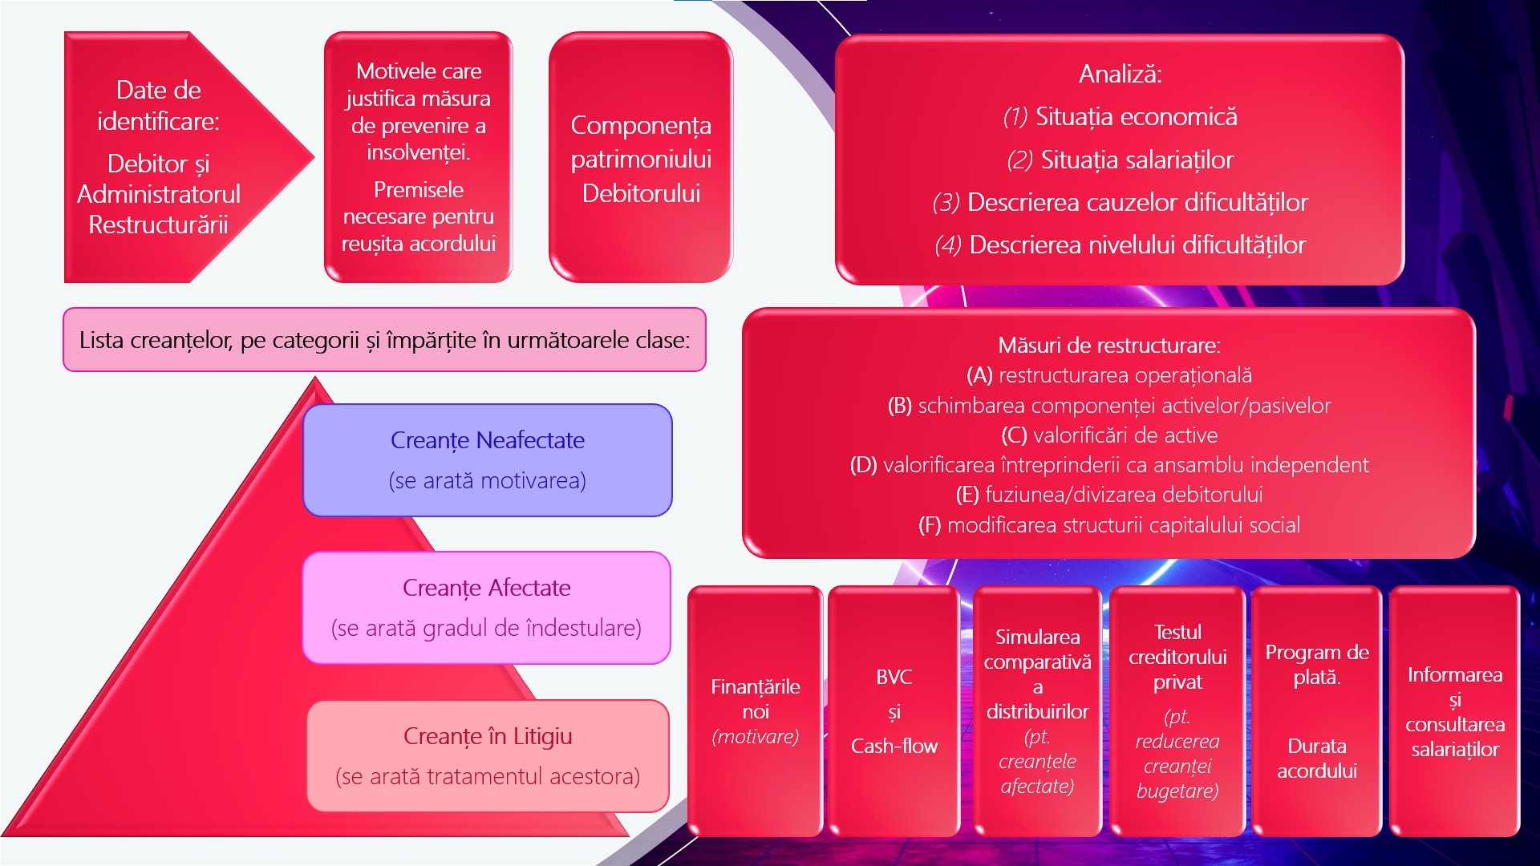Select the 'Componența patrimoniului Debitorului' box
tap(641, 158)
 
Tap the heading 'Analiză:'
tap(1120, 74)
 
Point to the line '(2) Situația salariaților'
tap(1120, 160)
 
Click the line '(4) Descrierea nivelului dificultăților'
tap(1120, 245)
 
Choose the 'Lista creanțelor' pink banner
tap(384, 340)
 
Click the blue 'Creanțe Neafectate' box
tap(488, 460)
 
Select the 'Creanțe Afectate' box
tap(486, 608)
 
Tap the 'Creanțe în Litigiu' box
tap(488, 756)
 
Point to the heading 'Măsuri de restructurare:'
tap(1109, 346)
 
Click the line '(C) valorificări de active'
tap(1109, 435)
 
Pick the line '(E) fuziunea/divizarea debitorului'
tap(1109, 495)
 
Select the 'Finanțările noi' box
tap(756, 711)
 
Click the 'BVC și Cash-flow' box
tap(894, 711)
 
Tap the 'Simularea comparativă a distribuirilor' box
tap(1037, 711)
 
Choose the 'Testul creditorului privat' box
tap(1177, 711)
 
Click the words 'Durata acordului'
tap(1317, 759)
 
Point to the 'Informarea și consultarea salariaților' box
tap(1454, 711)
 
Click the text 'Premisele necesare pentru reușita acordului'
tap(418, 216)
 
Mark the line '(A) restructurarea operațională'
tap(1109, 375)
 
